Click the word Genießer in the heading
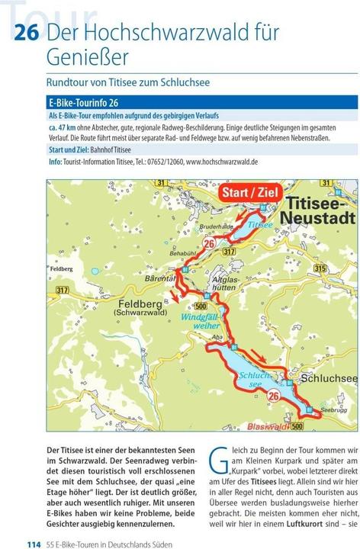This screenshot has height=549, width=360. pos(87,58)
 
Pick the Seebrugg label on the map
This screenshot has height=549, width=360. pos(334,409)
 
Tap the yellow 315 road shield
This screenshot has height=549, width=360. pos(320,268)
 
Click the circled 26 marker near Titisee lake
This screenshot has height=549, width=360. pos(210,242)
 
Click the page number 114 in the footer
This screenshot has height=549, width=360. pos(34,543)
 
